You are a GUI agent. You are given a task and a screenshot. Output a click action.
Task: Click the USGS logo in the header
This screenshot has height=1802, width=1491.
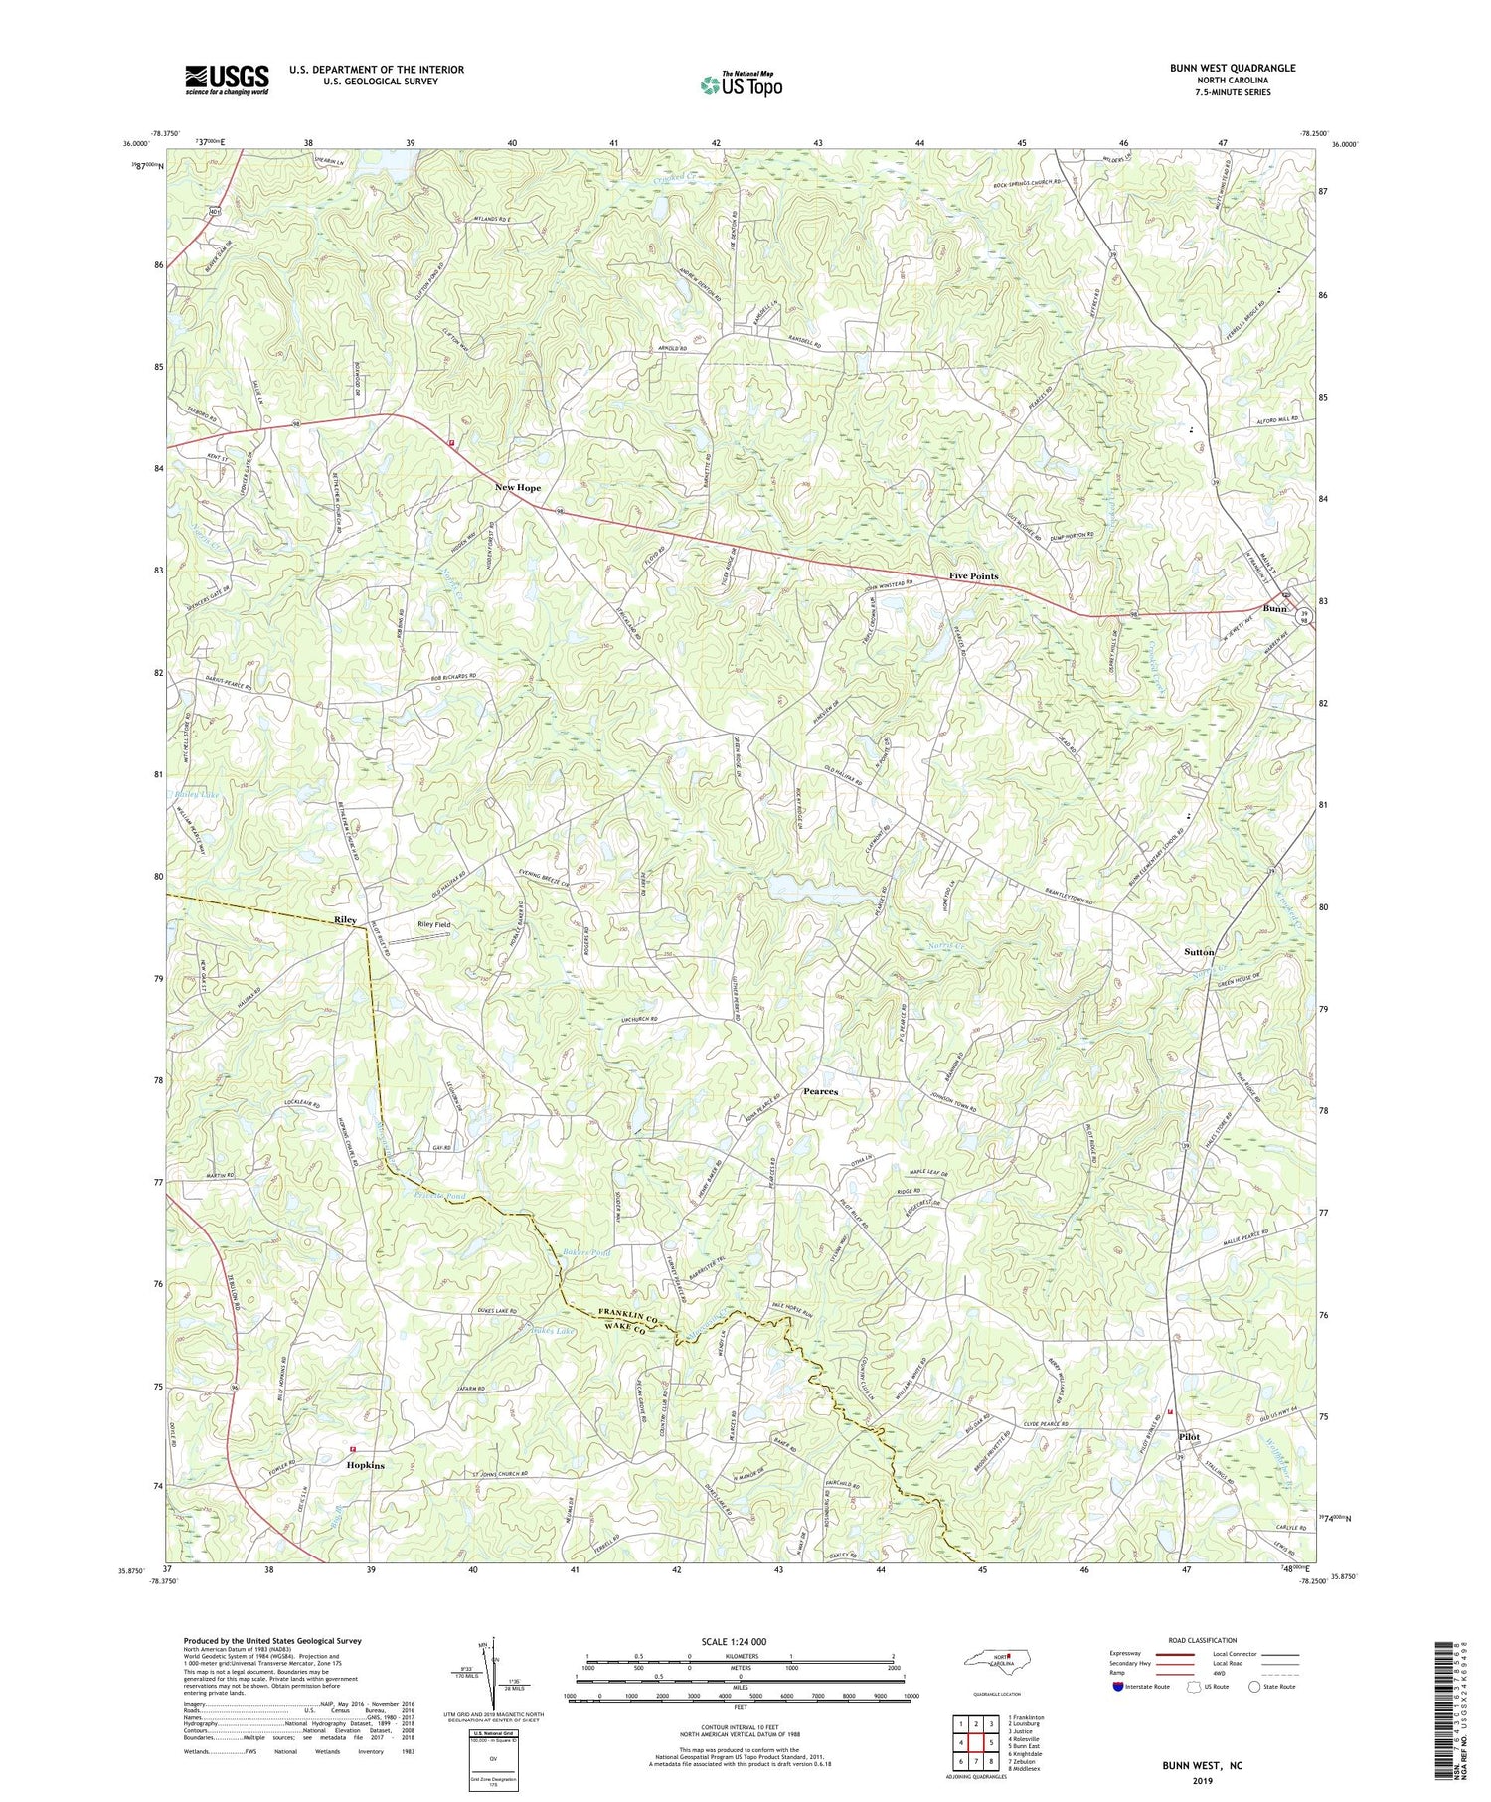tap(227, 80)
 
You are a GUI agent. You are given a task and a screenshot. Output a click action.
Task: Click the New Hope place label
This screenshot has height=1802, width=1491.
tap(518, 488)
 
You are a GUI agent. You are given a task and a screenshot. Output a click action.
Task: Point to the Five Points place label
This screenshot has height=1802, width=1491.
tap(973, 576)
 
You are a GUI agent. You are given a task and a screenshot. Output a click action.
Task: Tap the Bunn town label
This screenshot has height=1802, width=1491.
tap(1274, 608)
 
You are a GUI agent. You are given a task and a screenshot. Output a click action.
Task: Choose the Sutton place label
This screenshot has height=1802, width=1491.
tap(1199, 951)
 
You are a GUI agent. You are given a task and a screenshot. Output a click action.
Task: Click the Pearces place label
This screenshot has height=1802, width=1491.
tap(820, 1091)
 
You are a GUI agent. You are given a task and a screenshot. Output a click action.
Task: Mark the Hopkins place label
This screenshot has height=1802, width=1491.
tap(366, 1465)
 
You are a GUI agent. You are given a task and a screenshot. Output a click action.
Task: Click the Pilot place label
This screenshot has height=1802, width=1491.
tap(1188, 1437)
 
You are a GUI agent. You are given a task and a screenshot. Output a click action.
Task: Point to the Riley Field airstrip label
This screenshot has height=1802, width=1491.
tap(434, 924)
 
